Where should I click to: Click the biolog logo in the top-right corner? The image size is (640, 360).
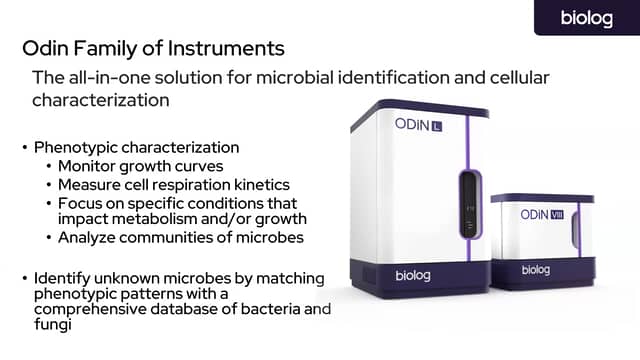click(586, 18)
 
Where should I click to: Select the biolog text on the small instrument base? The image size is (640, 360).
click(536, 270)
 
